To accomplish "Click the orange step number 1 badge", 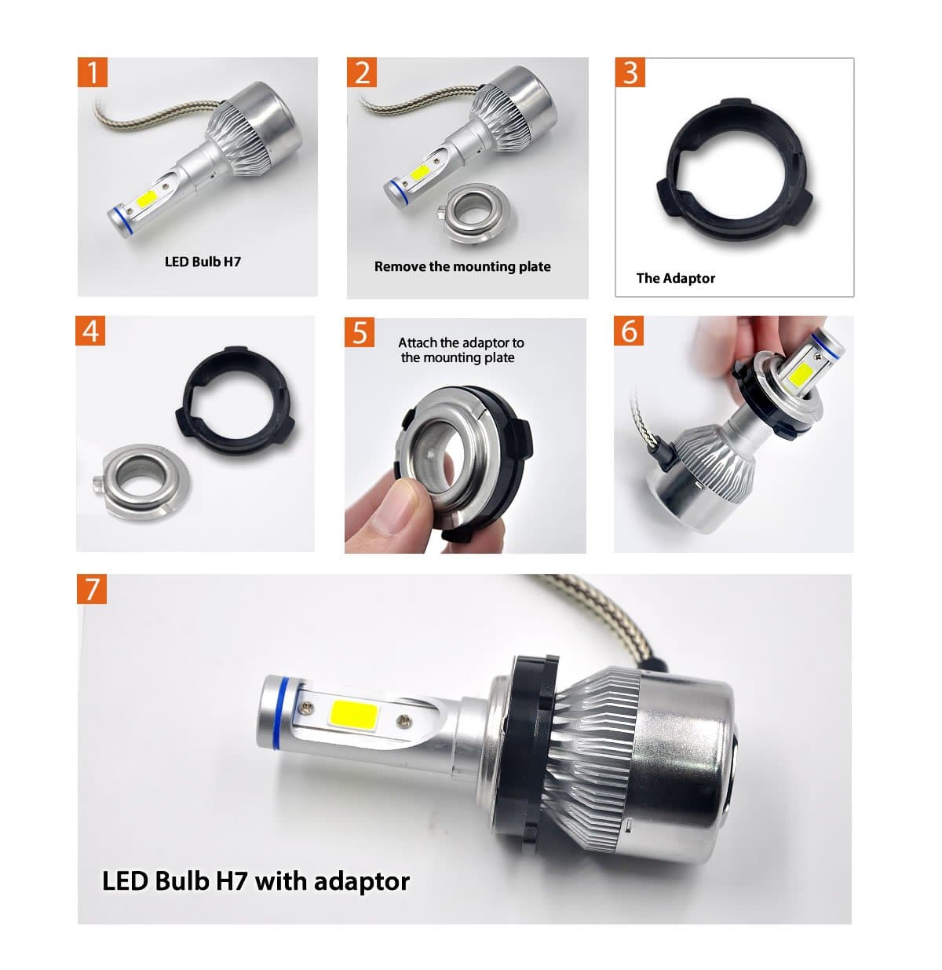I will [x=93, y=72].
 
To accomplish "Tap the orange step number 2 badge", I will [x=362, y=72].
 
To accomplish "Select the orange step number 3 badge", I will [x=630, y=72].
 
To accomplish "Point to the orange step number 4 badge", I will [x=91, y=331].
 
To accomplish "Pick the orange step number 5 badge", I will [x=360, y=332].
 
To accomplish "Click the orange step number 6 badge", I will [x=630, y=331].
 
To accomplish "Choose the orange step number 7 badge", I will [x=92, y=588].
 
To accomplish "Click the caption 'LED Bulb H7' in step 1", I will [x=203, y=262].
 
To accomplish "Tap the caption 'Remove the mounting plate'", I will [x=462, y=266].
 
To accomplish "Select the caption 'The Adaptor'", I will [x=675, y=278].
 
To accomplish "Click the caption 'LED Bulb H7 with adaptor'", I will [x=256, y=880].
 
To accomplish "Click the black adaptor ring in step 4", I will [x=235, y=395].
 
